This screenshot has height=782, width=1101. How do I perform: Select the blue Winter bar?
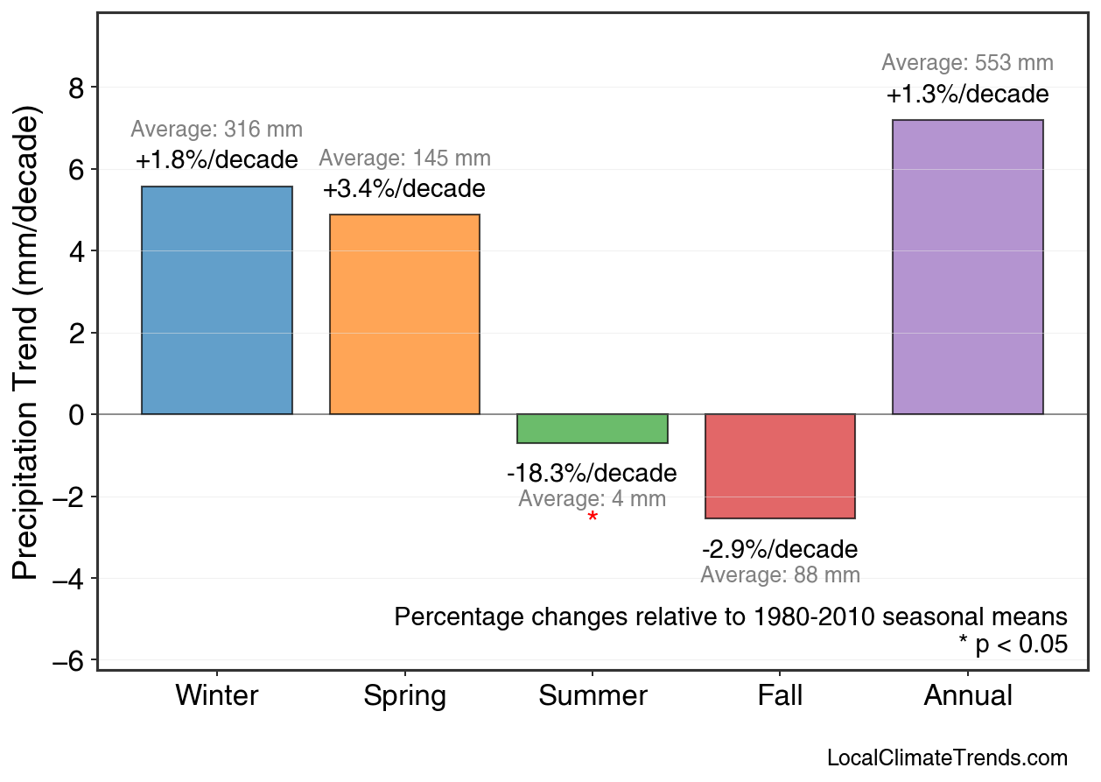[x=217, y=300]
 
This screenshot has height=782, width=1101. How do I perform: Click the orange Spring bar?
[x=404, y=314]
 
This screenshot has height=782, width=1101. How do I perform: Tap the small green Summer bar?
[x=593, y=429]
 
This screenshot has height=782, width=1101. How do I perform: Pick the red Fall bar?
[x=780, y=466]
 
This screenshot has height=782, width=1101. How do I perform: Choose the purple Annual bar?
[x=967, y=267]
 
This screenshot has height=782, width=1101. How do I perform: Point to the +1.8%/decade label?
[x=217, y=160]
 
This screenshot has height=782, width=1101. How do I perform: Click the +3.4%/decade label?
[x=404, y=189]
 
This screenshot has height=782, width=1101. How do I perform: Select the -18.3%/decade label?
[x=593, y=474]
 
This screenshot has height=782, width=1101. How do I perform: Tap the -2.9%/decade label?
[x=780, y=550]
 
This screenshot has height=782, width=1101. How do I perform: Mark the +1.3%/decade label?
[x=967, y=95]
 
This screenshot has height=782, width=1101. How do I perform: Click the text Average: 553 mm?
[x=967, y=63]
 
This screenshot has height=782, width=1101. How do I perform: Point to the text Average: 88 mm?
[x=780, y=575]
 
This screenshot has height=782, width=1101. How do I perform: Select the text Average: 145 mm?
[x=404, y=159]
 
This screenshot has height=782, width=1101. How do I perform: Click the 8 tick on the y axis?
[x=77, y=88]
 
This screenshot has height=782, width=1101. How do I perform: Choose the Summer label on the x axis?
[x=593, y=696]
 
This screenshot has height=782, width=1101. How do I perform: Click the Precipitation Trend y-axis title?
[x=28, y=346]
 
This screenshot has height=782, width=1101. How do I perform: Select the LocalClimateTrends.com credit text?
[x=947, y=758]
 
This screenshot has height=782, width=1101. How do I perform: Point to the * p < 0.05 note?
[x=1013, y=645]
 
